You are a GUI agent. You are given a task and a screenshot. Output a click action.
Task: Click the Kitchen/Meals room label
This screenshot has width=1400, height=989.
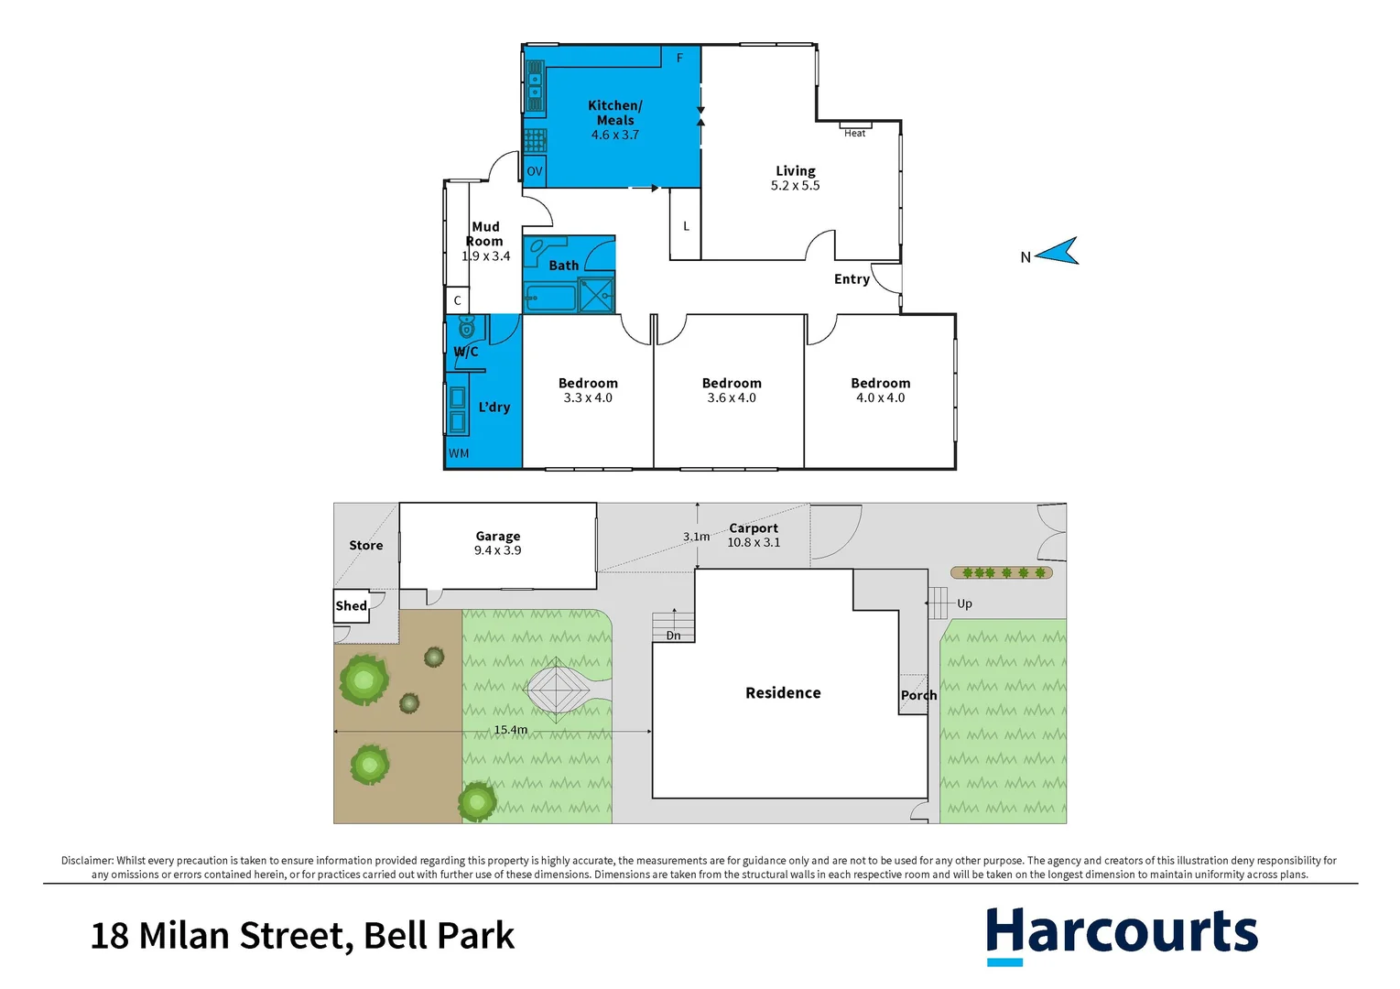pos(614,113)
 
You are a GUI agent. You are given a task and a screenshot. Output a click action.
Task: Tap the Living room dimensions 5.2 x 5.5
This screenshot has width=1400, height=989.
pos(795,186)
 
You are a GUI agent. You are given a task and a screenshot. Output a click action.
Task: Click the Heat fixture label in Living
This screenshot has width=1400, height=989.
pos(854,133)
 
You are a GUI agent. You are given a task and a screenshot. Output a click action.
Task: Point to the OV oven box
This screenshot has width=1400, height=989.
pos(535,171)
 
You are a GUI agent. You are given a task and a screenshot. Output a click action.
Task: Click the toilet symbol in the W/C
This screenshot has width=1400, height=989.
pos(467,326)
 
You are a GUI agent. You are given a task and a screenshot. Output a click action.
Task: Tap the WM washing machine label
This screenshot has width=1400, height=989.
pos(459,453)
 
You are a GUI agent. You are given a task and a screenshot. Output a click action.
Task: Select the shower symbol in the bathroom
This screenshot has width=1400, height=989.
pos(596,296)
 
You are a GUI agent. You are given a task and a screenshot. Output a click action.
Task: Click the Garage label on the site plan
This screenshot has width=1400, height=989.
pos(497,537)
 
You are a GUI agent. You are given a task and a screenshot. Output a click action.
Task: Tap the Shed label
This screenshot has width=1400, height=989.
pos(351,606)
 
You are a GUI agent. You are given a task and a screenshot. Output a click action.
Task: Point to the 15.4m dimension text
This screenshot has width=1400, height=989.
pos(510,730)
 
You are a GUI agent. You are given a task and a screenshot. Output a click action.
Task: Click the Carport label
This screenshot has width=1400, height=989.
pos(754,528)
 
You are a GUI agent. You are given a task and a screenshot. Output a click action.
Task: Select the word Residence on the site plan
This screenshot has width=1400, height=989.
pos(783,693)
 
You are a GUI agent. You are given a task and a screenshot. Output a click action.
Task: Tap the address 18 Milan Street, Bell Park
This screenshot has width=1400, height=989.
pos(302,936)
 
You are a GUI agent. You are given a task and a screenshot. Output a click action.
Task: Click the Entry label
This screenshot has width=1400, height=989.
pos(852,279)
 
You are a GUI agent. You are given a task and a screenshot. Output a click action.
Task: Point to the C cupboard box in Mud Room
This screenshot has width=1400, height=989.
pos(458,300)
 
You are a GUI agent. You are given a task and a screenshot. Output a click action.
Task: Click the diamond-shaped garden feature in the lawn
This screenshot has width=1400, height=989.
pos(556,688)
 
